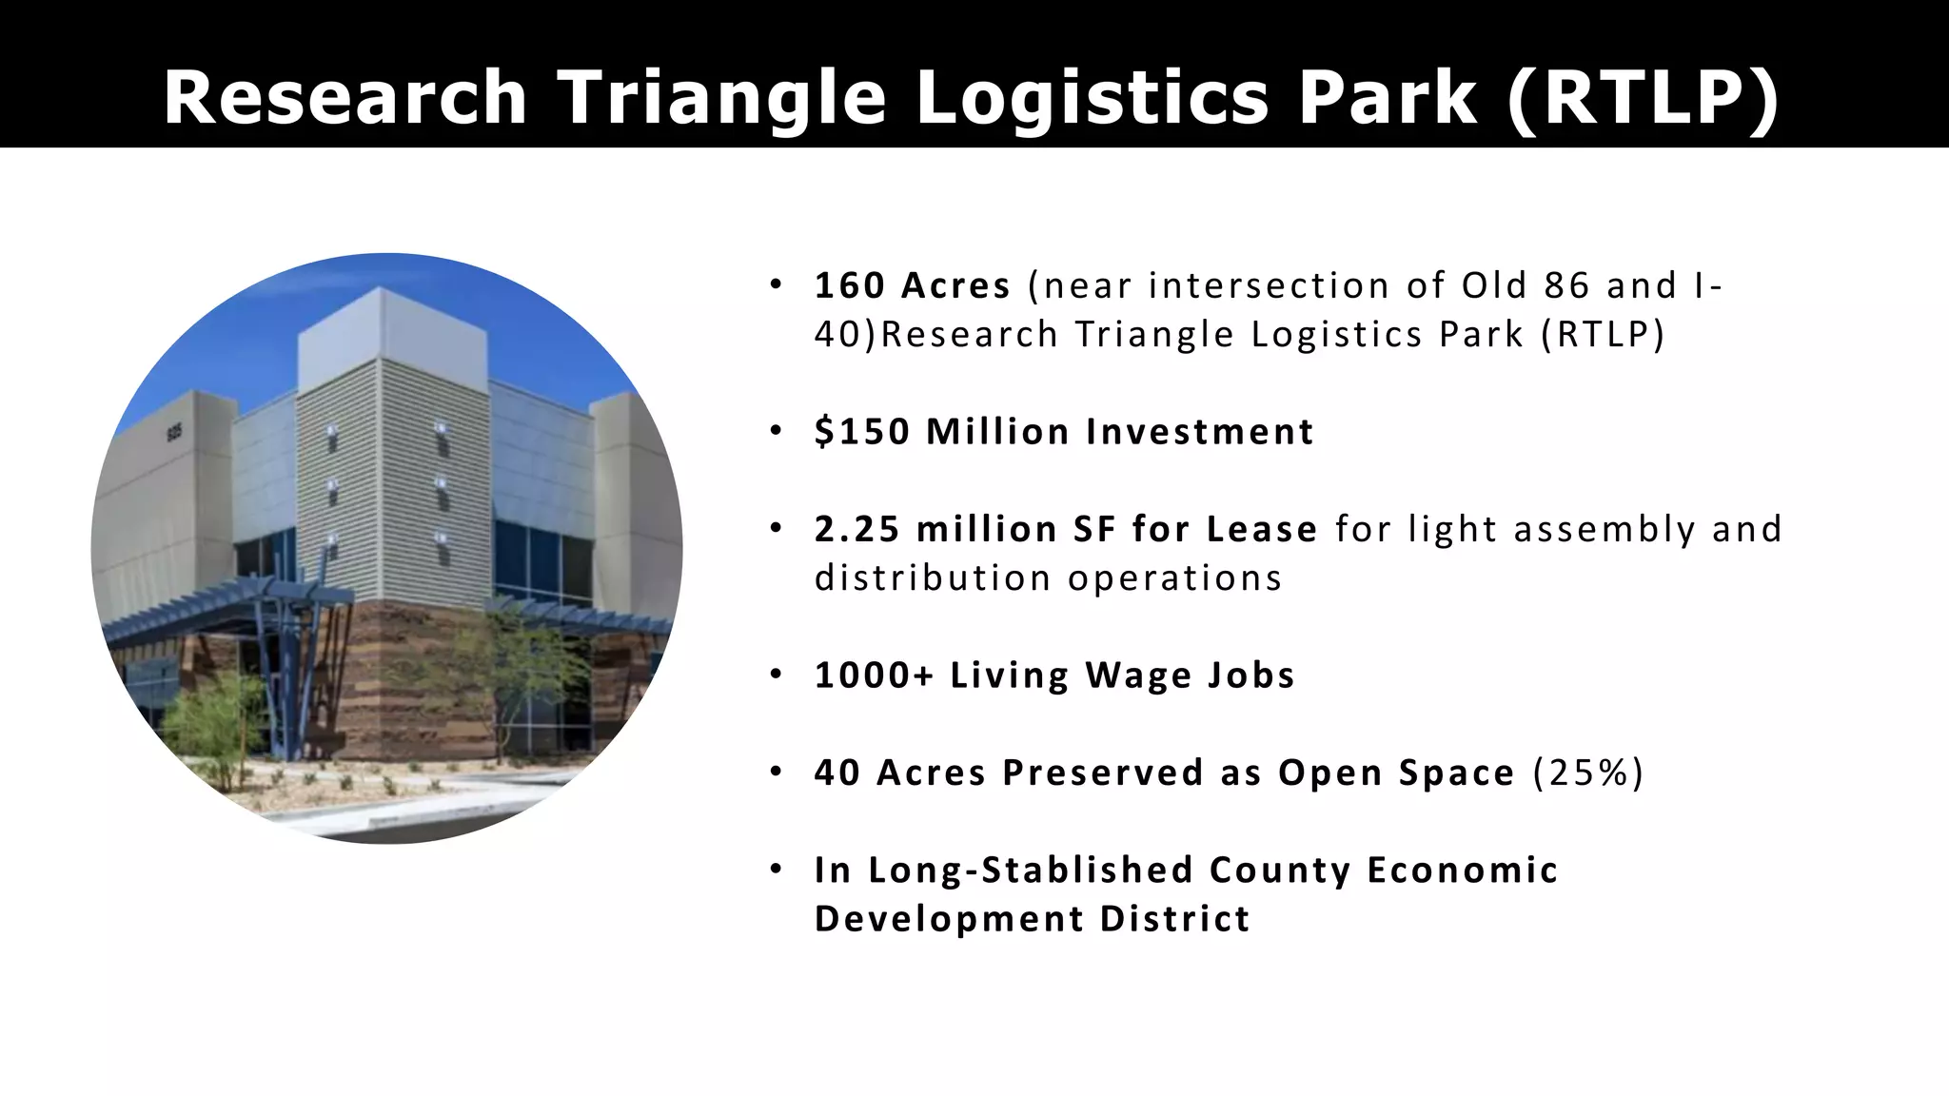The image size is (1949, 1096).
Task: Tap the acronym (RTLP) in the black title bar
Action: (x=1643, y=98)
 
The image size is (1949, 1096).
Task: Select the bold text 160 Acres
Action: (x=912, y=285)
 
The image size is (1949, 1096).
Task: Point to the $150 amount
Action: (x=862, y=432)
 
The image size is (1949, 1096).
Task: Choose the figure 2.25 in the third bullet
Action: (x=856, y=529)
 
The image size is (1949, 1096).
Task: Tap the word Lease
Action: (x=1261, y=529)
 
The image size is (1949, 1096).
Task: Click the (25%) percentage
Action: (x=1587, y=773)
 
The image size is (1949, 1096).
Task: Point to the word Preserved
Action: (x=1103, y=773)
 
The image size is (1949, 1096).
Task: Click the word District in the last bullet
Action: (x=1174, y=919)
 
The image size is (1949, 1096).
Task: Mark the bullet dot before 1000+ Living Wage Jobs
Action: (x=777, y=675)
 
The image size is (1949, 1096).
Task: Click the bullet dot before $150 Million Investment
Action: (x=777, y=431)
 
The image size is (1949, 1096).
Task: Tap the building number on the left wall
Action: (x=174, y=434)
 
